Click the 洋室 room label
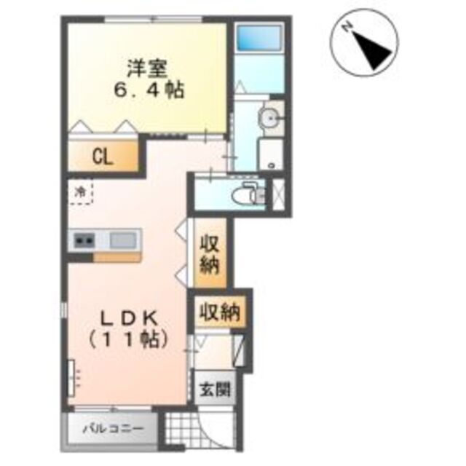pyautogui.click(x=149, y=69)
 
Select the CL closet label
pyautogui.click(x=103, y=156)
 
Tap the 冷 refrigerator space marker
pyautogui.click(x=81, y=192)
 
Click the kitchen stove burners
pyautogui.click(x=83, y=240)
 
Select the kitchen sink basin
pyautogui.click(x=125, y=239)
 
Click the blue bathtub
pyautogui.click(x=259, y=38)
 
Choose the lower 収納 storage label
pyautogui.click(x=221, y=312)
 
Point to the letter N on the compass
pyautogui.click(x=349, y=27)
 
